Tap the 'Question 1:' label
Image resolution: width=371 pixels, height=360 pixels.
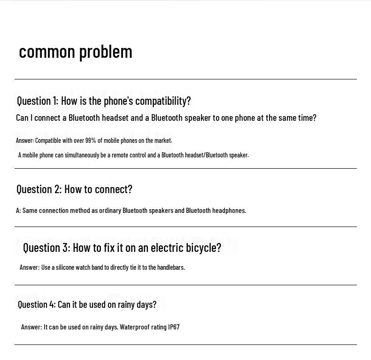click(38, 101)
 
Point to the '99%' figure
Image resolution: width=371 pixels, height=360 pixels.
click(91, 141)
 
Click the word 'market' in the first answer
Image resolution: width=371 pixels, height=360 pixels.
click(163, 141)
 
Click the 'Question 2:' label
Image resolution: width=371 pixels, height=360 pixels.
click(39, 189)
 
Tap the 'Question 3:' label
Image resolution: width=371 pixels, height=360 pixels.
click(46, 247)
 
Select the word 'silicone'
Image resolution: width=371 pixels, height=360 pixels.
click(65, 267)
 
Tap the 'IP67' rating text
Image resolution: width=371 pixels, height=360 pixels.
click(174, 327)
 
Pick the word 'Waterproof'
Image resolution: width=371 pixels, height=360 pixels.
click(135, 327)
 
